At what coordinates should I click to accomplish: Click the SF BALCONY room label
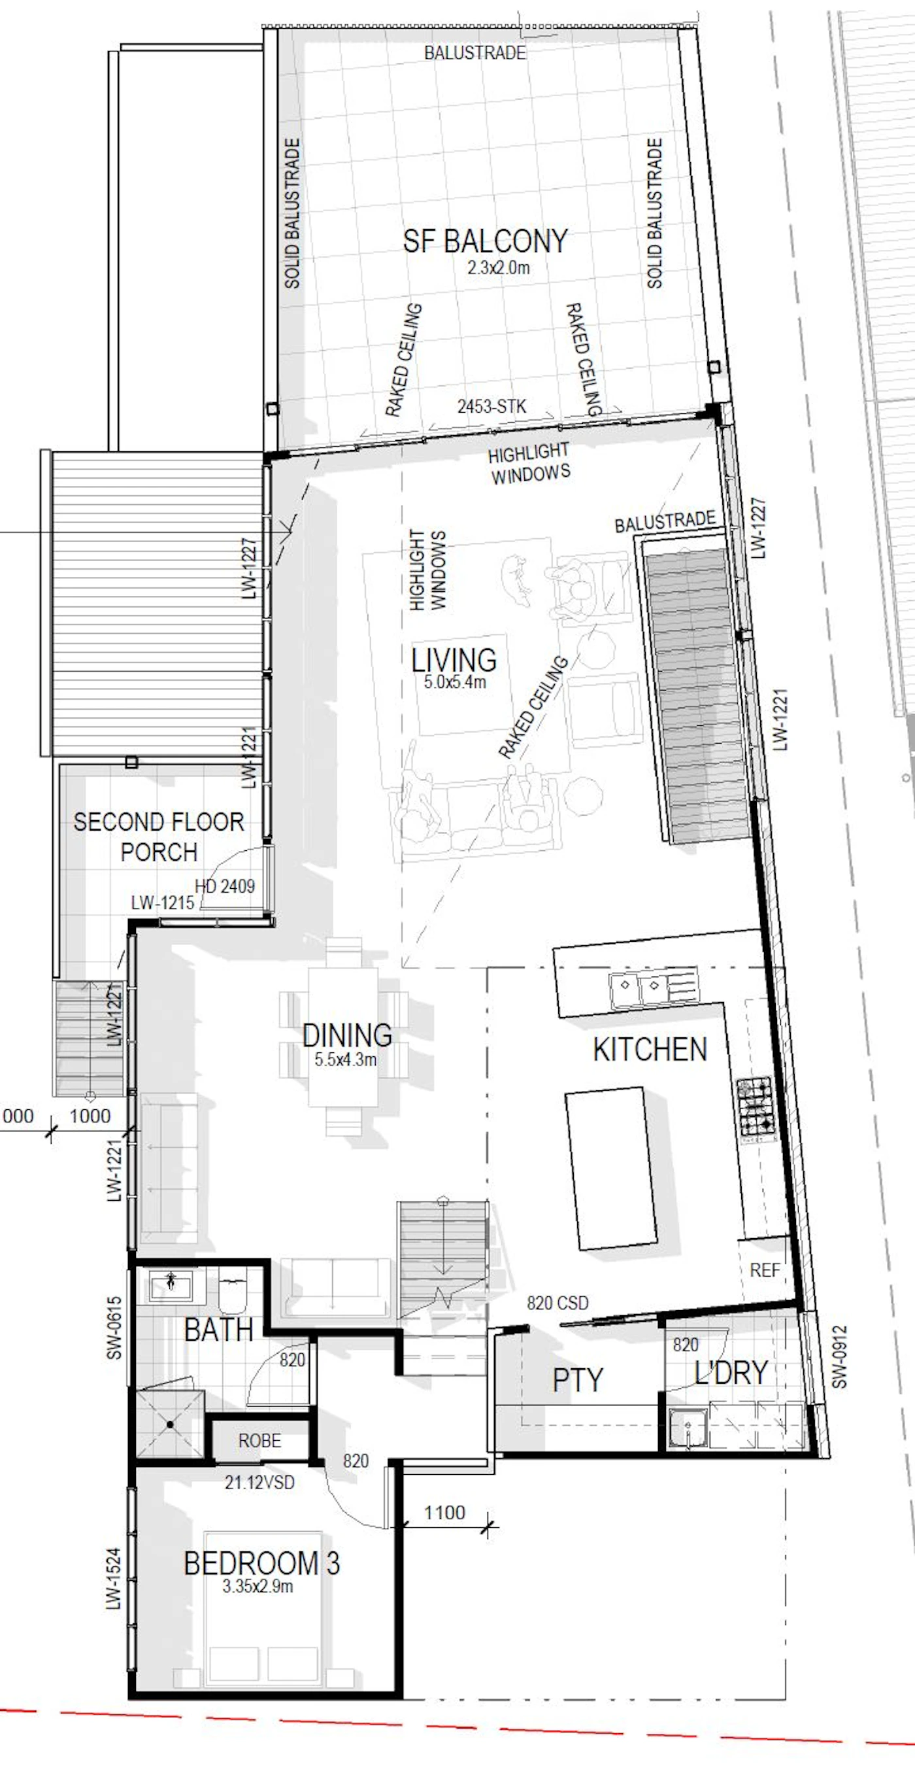click(485, 241)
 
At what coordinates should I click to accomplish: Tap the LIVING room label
click(454, 660)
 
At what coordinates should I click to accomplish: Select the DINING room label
click(347, 1035)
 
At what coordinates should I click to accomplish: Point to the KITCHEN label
click(650, 1049)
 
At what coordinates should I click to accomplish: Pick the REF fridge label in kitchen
click(765, 1270)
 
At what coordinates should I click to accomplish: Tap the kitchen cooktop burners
click(756, 1107)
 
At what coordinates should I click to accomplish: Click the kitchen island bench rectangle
click(611, 1168)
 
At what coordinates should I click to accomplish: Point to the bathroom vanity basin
click(171, 1283)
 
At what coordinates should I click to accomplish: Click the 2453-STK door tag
click(491, 406)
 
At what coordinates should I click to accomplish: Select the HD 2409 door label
click(225, 886)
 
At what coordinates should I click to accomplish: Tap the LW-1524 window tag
click(113, 1579)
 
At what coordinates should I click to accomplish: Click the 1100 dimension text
click(444, 1513)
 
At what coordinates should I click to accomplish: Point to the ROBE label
click(260, 1441)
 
